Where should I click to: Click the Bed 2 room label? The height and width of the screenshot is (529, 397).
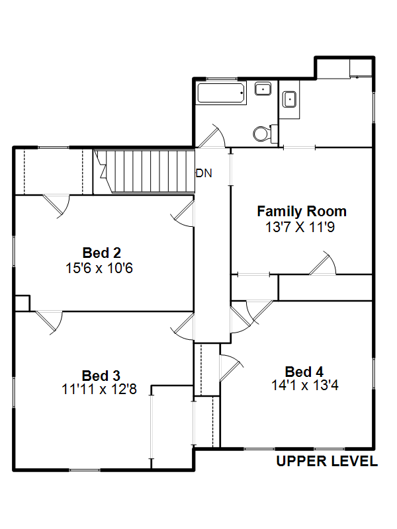[x=102, y=253]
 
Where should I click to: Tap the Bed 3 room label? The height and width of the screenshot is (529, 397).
[x=101, y=376]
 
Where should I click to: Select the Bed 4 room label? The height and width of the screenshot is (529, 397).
[x=304, y=372]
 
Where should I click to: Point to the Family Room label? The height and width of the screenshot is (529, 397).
[x=302, y=212]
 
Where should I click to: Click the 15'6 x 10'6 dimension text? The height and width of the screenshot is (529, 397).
[x=99, y=268]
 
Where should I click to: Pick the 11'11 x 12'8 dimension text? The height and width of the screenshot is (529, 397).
[x=99, y=389]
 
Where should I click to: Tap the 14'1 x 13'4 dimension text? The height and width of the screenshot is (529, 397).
[x=305, y=385]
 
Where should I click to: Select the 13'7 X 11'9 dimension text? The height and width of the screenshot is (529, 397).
[x=300, y=227]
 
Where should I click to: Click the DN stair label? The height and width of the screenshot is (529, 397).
[x=204, y=173]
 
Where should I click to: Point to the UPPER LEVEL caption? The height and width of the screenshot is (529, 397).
[x=327, y=461]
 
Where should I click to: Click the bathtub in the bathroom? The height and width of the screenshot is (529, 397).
[x=221, y=93]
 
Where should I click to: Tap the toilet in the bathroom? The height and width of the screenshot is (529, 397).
[x=265, y=134]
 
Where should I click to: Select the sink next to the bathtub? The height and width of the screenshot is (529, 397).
[x=263, y=89]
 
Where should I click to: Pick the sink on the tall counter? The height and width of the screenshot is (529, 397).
[x=289, y=99]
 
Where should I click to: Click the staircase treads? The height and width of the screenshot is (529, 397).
[x=144, y=171]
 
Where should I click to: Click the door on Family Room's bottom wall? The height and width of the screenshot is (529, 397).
[x=322, y=263]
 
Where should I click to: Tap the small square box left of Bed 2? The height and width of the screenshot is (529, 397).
[x=22, y=303]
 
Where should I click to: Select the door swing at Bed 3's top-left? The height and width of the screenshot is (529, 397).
[x=49, y=323]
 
